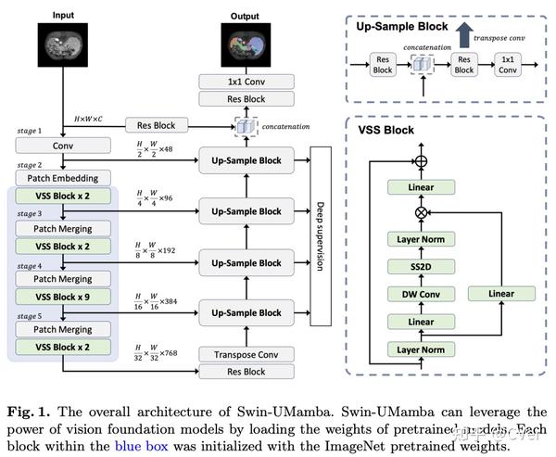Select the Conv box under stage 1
coord(63,145)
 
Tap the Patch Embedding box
coord(63,177)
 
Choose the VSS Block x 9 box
coord(63,297)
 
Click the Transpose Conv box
coord(246,353)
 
